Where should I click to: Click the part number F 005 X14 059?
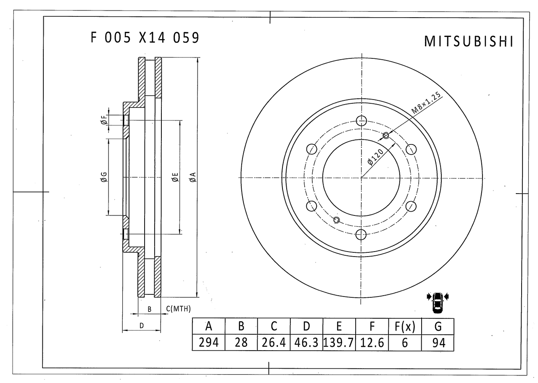tap(145, 38)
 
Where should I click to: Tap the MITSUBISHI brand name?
tap(469, 41)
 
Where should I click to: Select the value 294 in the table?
tap(208, 343)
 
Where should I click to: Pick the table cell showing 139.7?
tap(339, 343)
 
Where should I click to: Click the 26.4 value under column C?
tap(274, 343)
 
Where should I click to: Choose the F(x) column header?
tap(404, 326)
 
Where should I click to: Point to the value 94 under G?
tap(438, 343)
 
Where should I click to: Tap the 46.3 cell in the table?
tap(306, 343)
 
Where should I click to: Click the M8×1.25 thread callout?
tap(426, 104)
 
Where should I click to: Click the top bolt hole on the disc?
tap(361, 121)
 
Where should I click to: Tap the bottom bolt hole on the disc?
tap(361, 234)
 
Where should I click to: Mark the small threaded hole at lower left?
tap(336, 220)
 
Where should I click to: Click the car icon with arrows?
tap(438, 302)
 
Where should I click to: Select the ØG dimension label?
tap(104, 177)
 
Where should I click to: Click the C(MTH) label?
tap(178, 309)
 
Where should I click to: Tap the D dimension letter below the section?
tap(142, 325)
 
